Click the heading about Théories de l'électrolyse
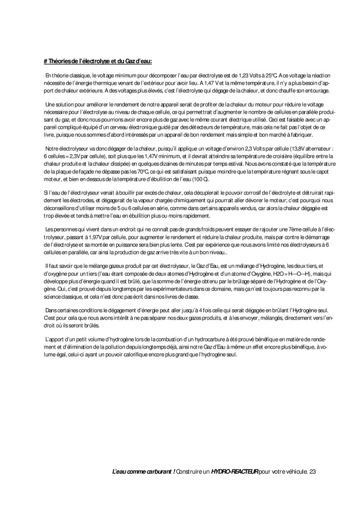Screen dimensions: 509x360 coord(98,61)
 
